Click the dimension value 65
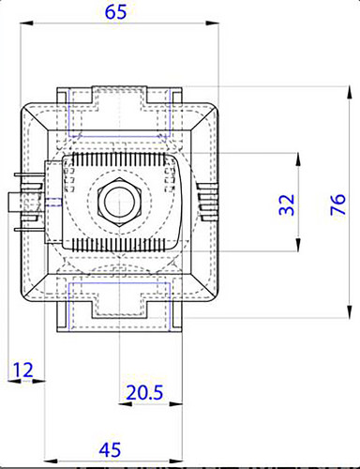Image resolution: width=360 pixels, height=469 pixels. point(115,12)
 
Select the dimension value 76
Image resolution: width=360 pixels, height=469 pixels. point(337,204)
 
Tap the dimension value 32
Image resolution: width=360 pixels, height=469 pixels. point(287,204)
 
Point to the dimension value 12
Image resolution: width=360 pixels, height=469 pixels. point(22,370)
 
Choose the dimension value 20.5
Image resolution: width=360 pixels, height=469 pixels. point(144,393)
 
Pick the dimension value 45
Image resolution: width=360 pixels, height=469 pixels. point(110,450)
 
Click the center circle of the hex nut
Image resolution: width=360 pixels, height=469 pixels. point(119,202)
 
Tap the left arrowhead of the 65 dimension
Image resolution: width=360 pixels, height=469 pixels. point(26,23)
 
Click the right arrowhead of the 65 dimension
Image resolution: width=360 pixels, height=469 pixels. point(213,23)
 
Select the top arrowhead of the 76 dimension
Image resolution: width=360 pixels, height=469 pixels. point(350,93)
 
